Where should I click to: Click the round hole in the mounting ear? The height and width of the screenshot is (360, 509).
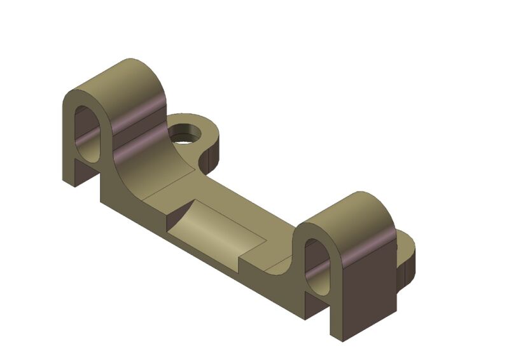tap(185, 135)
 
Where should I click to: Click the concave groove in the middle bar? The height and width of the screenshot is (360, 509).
tap(216, 229)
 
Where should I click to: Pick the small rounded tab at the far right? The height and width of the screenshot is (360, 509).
tap(407, 254)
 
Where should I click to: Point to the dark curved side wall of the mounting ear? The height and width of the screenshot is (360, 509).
tap(211, 156)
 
